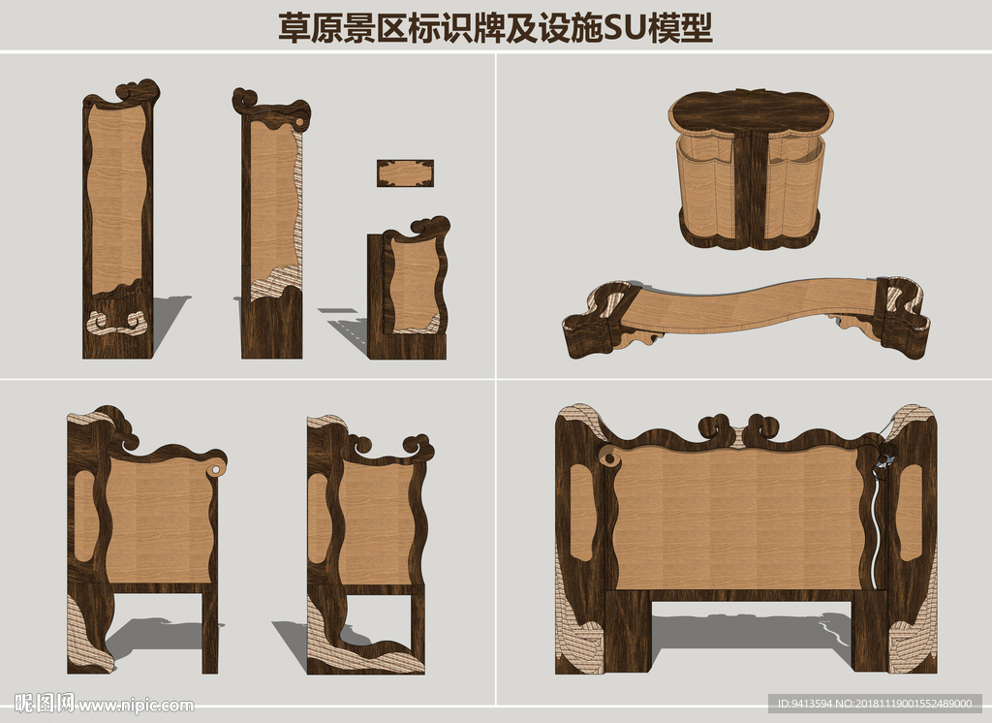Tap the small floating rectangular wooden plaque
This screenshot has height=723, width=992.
tap(405, 173)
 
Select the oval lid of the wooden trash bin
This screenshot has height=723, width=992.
tap(752, 111)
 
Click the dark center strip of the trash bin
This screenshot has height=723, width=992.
tap(749, 189)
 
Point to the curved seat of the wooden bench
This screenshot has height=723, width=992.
tap(756, 305)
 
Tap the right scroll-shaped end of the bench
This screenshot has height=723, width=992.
tap(902, 315)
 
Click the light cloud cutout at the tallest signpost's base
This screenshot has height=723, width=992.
tap(116, 323)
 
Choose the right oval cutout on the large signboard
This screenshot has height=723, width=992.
tap(910, 511)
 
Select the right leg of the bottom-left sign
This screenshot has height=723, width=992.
tap(209, 630)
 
